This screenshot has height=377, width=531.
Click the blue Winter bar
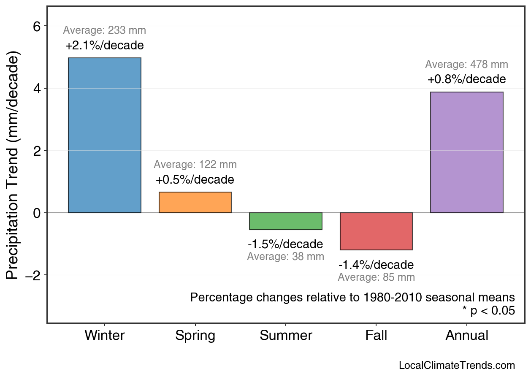coord(105,135)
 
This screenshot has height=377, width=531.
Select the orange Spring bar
coord(195,203)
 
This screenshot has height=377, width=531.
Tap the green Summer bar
coord(286,221)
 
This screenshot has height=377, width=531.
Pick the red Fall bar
coord(376,231)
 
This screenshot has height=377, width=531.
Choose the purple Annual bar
coord(466,152)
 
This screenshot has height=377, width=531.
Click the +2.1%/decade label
coord(105,46)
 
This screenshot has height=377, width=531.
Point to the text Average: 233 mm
coord(105,30)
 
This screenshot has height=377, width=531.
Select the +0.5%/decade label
coord(195,180)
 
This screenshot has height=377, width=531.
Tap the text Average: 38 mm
coord(286,257)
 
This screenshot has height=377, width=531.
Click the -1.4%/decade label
coord(376,265)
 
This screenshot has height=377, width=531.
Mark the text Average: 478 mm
coord(466,65)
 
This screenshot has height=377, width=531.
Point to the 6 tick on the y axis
coord(37,26)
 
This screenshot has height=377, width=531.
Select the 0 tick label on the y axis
coord(37,213)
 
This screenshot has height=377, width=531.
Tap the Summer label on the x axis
coord(286,336)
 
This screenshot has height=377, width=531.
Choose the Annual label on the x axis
coord(467,336)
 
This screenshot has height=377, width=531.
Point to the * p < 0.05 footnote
coord(488,311)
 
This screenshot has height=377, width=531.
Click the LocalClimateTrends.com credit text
coord(457,366)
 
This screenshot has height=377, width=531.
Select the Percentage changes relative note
coord(352,297)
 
